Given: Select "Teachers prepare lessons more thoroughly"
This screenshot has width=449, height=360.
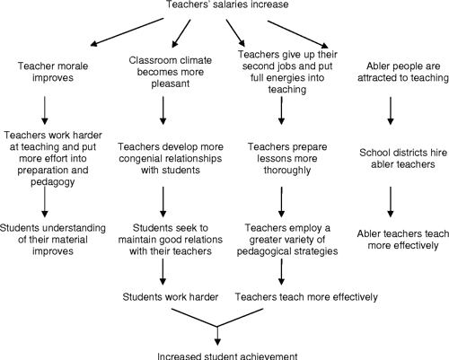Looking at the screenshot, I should (x=281, y=158).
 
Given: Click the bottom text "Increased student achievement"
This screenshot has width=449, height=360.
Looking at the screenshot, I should (x=218, y=354).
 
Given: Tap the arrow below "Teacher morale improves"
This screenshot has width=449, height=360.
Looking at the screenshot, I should (x=45, y=109).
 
